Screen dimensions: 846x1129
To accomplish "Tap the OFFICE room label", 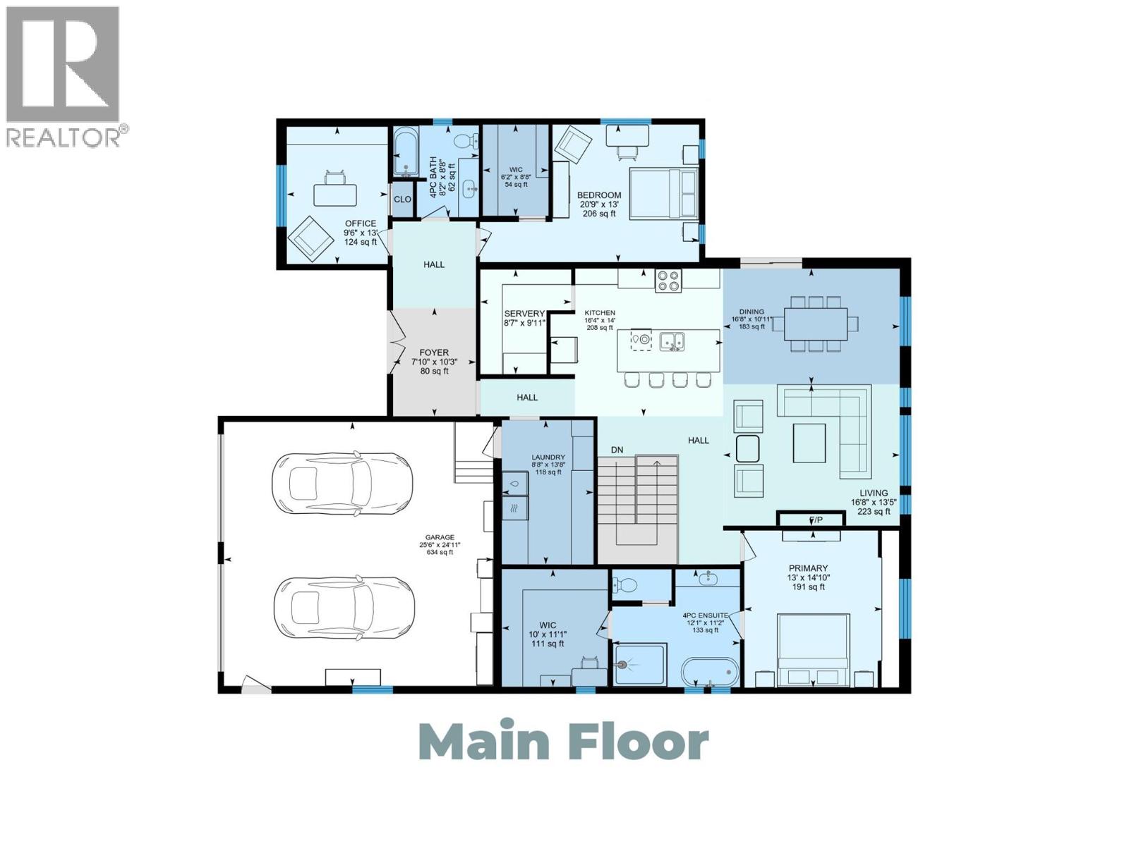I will (x=360, y=223).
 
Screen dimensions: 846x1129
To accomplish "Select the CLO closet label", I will (x=402, y=200).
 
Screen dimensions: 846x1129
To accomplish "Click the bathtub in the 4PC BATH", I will (x=406, y=152).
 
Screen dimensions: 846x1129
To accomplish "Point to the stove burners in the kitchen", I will (x=668, y=281).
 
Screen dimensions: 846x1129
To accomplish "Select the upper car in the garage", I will (x=341, y=482).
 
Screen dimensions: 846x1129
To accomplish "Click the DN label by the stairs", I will (x=617, y=450).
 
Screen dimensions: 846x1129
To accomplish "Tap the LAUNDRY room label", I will (x=548, y=457).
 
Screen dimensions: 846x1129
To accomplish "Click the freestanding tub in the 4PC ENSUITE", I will (x=710, y=672).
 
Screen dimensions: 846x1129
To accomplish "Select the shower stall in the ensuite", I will (x=639, y=664).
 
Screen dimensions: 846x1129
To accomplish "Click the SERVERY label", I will (x=524, y=314).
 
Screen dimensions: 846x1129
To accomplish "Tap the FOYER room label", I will (x=434, y=352).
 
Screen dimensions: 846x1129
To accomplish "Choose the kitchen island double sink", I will (x=672, y=341).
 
